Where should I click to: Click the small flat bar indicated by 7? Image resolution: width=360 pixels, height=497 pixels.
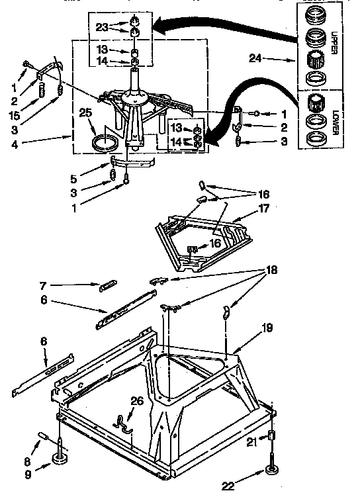[107, 285]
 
